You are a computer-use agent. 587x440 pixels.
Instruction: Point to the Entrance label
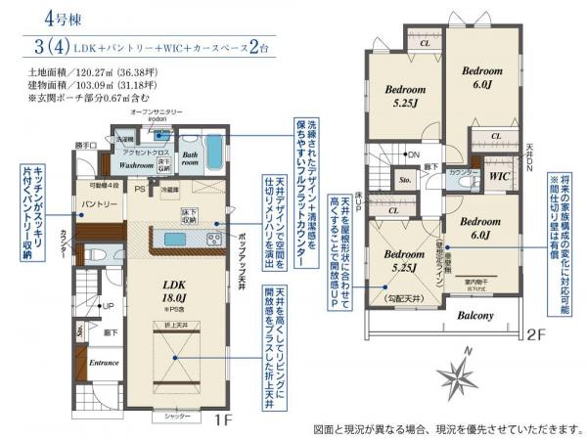104,362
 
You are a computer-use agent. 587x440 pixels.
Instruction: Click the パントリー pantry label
100,203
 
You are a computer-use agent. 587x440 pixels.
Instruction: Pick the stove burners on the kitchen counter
214,238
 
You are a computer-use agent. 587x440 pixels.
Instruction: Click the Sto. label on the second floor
403,181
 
